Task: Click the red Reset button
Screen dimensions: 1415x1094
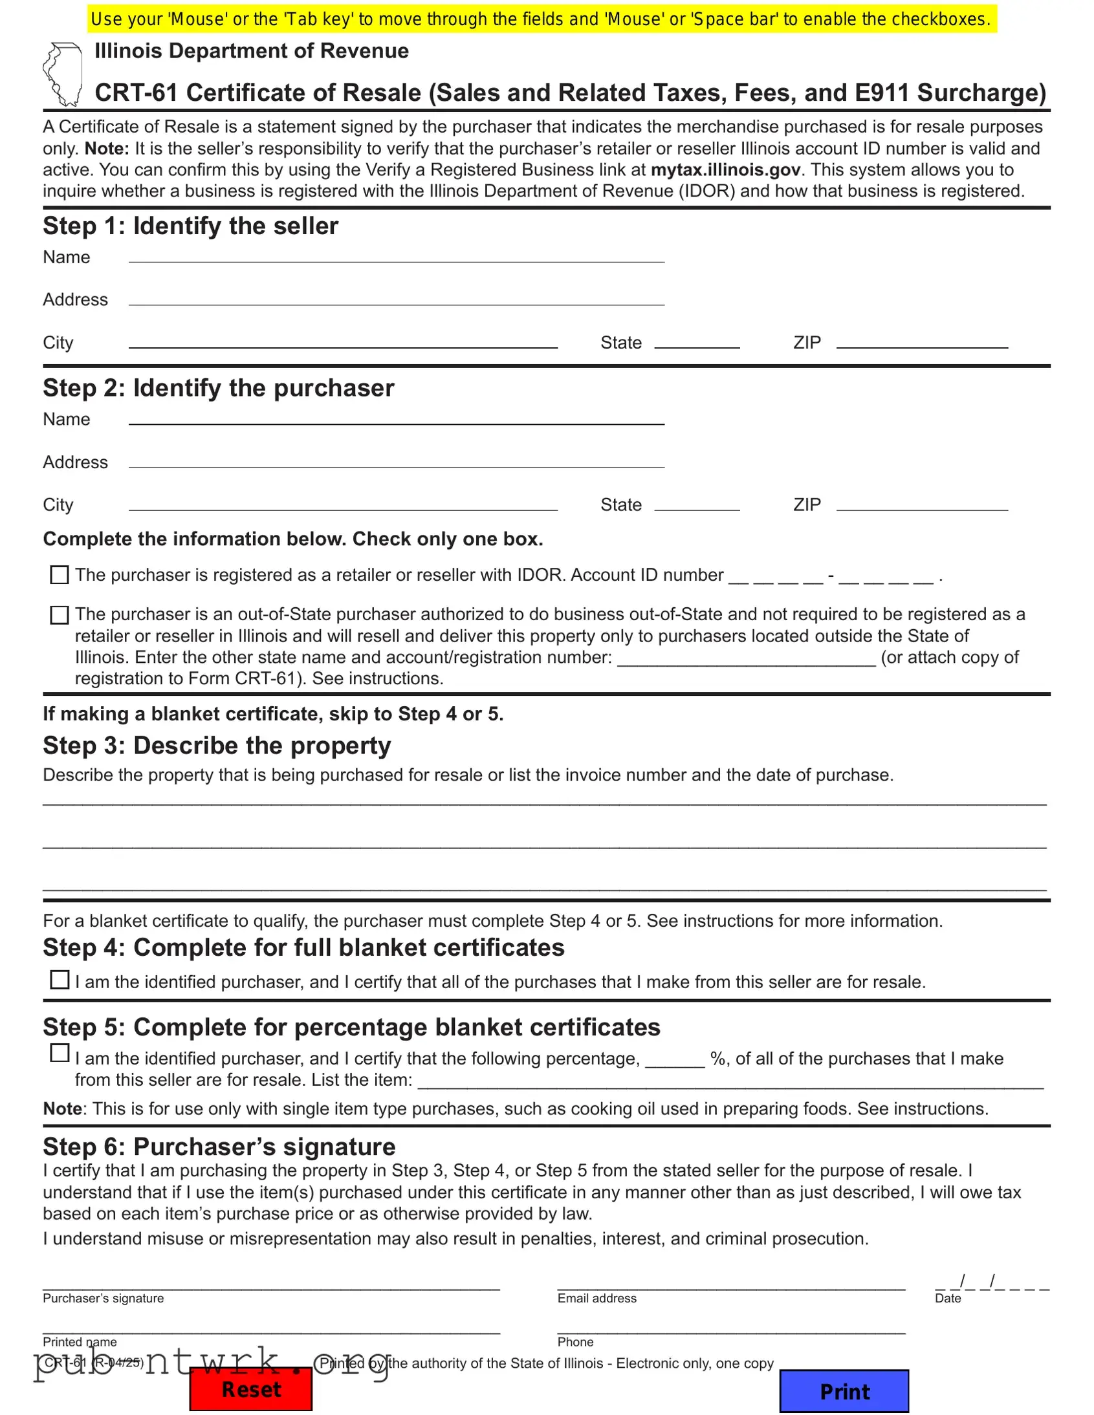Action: (x=251, y=1389)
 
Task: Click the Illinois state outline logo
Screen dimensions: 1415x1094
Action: (x=63, y=74)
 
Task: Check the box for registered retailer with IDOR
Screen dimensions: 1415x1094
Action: (x=60, y=575)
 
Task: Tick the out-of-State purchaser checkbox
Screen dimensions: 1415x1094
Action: (x=60, y=615)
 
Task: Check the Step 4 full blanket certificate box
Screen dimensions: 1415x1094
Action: (x=60, y=980)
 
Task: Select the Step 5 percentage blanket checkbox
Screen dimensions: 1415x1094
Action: (x=60, y=1053)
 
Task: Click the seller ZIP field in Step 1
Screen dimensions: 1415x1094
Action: (x=922, y=341)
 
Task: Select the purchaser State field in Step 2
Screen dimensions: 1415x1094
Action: (x=697, y=503)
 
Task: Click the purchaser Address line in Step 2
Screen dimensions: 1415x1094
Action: (x=396, y=460)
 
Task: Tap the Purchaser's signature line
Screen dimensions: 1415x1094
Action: (x=271, y=1283)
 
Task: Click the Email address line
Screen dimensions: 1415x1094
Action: (x=731, y=1283)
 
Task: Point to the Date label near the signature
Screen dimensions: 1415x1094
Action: (x=948, y=1299)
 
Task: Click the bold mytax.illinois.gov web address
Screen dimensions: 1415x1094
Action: (x=726, y=169)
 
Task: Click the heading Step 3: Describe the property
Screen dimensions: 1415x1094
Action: (x=217, y=746)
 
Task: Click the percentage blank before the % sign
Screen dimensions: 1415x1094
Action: (x=675, y=1059)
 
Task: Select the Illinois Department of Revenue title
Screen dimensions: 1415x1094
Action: (x=252, y=50)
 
